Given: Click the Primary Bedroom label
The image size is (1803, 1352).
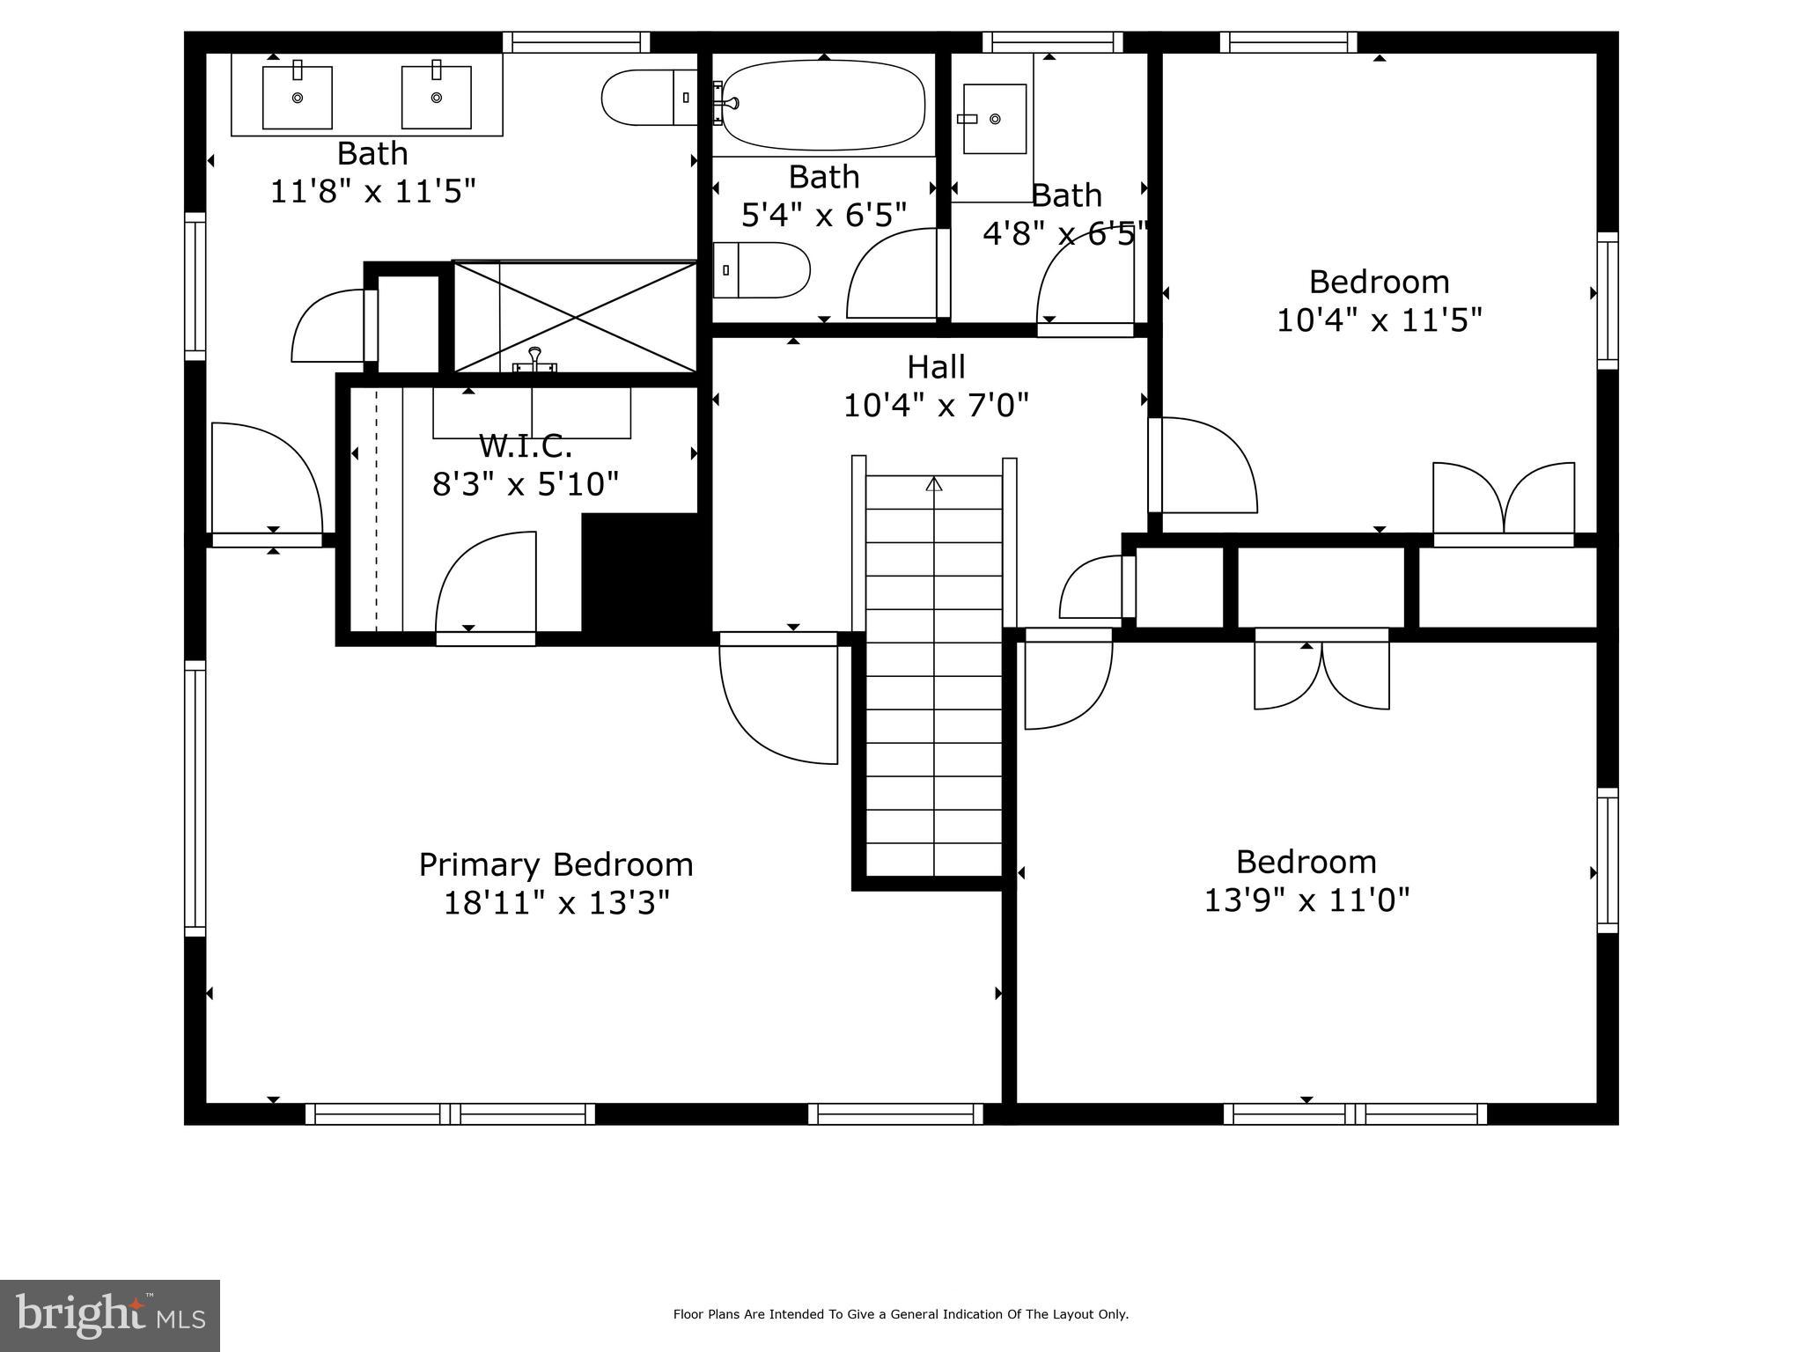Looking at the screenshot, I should click(556, 864).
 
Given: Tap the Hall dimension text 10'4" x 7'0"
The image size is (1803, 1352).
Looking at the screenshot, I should click(936, 406).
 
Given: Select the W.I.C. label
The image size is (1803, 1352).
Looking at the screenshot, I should click(526, 446).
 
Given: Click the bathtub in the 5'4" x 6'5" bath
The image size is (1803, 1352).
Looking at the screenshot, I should click(823, 105).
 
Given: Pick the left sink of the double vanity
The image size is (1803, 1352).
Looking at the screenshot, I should click(298, 97).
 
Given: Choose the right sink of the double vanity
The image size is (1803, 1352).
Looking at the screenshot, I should click(437, 97).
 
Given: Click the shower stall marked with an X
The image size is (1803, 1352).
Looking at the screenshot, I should click(575, 317).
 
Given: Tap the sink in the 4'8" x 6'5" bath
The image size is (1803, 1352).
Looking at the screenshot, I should click(994, 119).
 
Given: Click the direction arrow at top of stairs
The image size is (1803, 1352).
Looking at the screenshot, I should click(934, 484).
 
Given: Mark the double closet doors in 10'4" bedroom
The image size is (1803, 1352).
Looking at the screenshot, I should click(1504, 499).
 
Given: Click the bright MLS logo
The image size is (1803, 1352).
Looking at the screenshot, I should click(110, 1315).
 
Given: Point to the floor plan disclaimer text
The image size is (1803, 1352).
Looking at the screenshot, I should click(901, 1314).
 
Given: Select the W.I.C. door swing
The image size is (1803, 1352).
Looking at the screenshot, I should click(487, 582).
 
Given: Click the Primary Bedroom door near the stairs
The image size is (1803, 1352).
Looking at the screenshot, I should click(779, 700).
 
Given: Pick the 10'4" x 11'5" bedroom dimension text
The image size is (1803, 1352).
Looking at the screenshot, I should click(1379, 320).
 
